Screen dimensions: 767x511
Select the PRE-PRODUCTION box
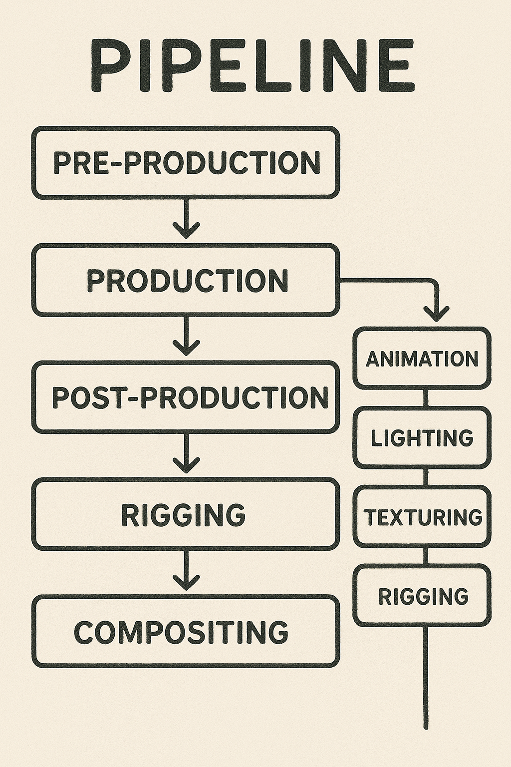(186, 162)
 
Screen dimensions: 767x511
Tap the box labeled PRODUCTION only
(186, 280)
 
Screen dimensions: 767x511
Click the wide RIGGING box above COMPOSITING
(186, 514)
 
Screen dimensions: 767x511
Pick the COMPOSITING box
(186, 632)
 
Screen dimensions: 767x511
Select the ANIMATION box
(422, 359)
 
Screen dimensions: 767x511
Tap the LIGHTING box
(422, 438)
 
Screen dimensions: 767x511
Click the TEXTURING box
(422, 517)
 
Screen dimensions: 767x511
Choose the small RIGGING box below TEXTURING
(422, 596)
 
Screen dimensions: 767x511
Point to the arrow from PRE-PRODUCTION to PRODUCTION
(186, 220)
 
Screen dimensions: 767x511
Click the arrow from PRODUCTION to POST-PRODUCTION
(186, 338)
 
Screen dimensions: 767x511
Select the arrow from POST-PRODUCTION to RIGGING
(186, 455)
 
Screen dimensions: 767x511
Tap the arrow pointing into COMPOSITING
(186, 572)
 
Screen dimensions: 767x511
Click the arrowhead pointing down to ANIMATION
(437, 314)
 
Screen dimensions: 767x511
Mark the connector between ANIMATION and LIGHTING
(426, 398)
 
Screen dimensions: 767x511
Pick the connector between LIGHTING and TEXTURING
(426, 477)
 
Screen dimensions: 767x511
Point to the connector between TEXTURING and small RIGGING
(426, 556)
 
